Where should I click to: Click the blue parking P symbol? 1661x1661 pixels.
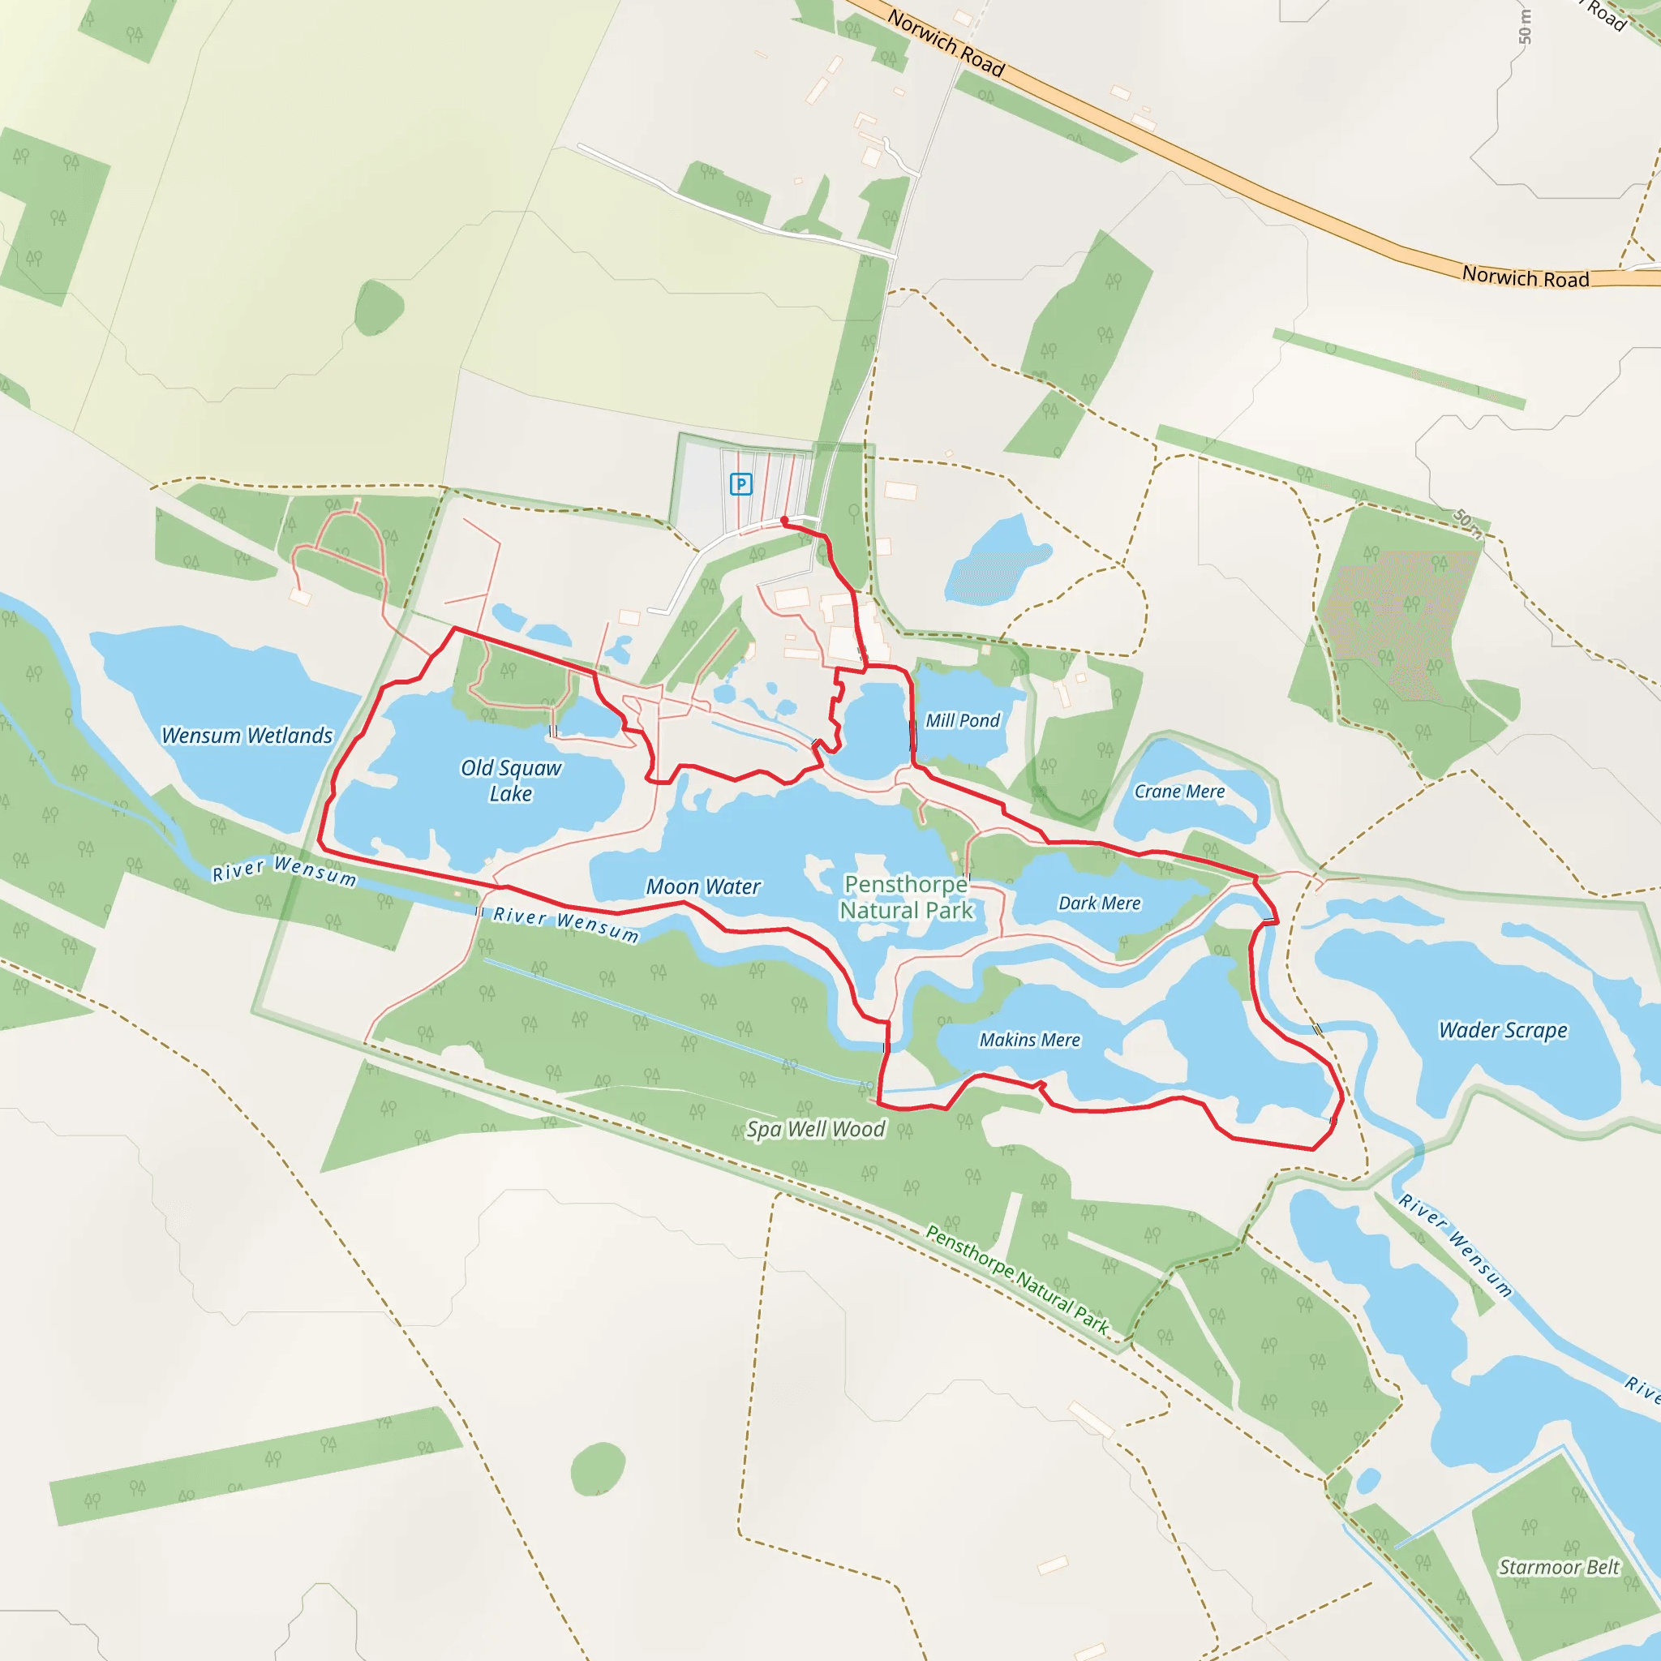(x=740, y=484)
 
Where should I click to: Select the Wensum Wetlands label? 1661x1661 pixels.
(x=247, y=735)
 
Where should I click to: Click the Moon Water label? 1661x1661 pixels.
(x=703, y=886)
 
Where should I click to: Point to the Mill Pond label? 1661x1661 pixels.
(x=962, y=720)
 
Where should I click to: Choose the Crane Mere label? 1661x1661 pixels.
(x=1179, y=791)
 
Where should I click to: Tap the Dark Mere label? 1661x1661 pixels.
(x=1099, y=903)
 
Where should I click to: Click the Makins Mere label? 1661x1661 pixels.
(x=1029, y=1040)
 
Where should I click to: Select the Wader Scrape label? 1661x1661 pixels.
(x=1503, y=1030)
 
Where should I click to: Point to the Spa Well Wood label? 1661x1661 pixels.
(x=815, y=1129)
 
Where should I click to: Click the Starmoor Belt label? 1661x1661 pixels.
(x=1559, y=1566)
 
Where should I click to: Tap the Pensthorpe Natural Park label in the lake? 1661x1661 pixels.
(x=906, y=897)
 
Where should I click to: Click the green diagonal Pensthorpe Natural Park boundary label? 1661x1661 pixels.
(x=1017, y=1279)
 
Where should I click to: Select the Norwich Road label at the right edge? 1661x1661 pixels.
(x=1526, y=277)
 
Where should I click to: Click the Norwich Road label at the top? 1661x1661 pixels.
(x=946, y=43)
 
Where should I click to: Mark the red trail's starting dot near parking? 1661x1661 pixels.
(x=784, y=520)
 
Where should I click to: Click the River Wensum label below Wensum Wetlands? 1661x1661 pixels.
(x=284, y=870)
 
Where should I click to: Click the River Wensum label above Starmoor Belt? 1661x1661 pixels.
(x=1455, y=1245)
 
